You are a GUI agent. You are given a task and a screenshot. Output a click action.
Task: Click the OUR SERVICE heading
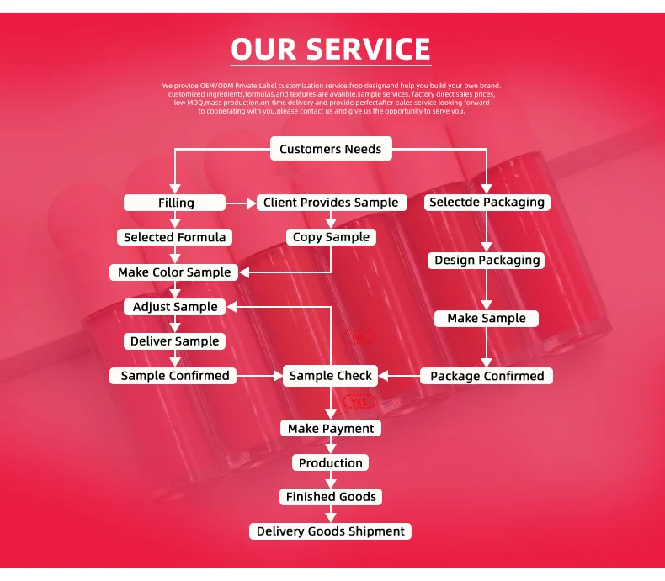(x=331, y=49)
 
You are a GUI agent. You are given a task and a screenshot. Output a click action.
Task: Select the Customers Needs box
(x=331, y=150)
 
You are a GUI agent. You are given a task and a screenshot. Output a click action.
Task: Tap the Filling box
(x=175, y=203)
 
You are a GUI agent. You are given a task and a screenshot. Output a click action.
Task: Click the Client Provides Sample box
(x=331, y=203)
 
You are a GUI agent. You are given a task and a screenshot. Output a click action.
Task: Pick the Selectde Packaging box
(x=487, y=202)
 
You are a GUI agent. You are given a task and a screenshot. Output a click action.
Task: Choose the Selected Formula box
(x=175, y=237)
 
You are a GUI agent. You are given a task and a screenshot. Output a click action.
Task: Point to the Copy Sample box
(x=331, y=237)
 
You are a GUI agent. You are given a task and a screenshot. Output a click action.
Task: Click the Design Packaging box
(x=487, y=261)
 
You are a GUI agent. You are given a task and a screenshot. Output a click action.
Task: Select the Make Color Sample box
(x=174, y=272)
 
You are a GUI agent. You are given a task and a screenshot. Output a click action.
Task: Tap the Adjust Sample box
(x=175, y=307)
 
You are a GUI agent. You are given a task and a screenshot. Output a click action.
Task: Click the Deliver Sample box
(x=175, y=341)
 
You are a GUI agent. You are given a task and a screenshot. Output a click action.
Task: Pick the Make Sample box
(x=487, y=319)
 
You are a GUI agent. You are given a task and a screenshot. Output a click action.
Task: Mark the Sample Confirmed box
(x=175, y=376)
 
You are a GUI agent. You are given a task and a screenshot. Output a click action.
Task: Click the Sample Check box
(x=331, y=376)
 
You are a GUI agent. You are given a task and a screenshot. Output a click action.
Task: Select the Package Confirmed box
(x=487, y=376)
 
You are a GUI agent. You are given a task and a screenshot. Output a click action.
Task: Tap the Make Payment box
(x=331, y=429)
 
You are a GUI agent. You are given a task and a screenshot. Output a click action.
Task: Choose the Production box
(x=331, y=463)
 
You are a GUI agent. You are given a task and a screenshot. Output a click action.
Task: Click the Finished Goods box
(x=331, y=497)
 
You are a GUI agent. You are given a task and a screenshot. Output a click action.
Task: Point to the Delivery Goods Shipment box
(x=331, y=531)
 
